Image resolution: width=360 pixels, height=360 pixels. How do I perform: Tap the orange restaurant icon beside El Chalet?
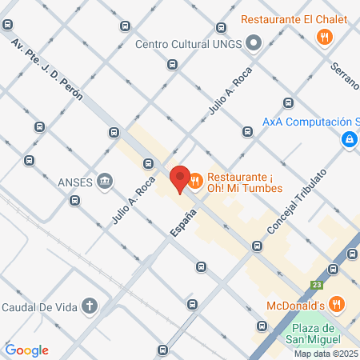coord(324,36)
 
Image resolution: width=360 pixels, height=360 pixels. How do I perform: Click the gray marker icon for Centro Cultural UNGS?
coord(254,43)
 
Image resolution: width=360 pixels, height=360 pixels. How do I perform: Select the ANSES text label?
coord(75,180)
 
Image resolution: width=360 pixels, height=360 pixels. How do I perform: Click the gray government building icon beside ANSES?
coord(104,180)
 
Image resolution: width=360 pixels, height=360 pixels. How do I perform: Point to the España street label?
coord(182,223)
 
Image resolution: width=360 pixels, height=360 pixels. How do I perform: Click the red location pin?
coord(179,178)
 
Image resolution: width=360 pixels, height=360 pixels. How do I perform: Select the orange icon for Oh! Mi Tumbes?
coord(196,183)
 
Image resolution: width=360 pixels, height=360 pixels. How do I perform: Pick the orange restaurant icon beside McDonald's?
coord(337,304)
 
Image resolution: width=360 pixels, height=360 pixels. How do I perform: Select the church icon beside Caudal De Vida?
coord(90,305)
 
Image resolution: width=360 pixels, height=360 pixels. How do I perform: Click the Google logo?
coord(26,350)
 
